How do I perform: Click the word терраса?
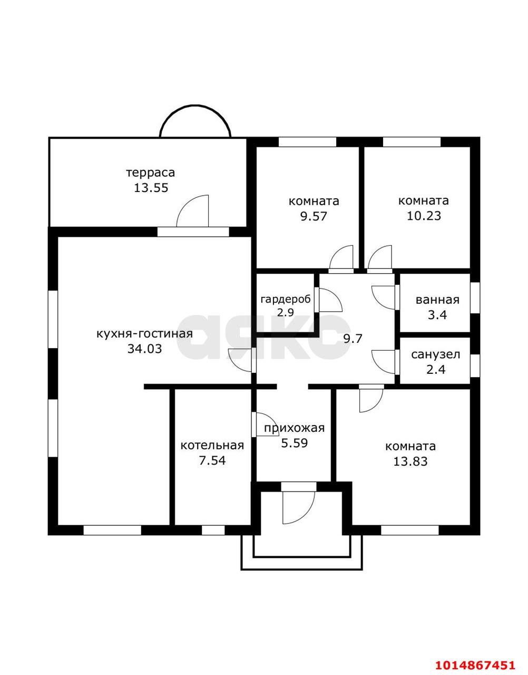pos(151,173)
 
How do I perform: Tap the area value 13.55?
pos(151,188)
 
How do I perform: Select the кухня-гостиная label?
pos(145,334)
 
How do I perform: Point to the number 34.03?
pos(145,349)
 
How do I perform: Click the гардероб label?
pos(286,300)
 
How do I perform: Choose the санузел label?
pos(435,354)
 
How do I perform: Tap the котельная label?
pos(212,445)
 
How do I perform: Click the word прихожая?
pos(294,428)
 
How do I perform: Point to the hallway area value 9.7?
pos(353,339)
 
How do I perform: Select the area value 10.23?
pos(424,216)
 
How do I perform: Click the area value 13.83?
pos(410,461)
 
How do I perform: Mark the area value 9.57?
pos(314,216)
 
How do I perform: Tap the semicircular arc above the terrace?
pos(195,106)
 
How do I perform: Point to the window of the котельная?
pos(213,531)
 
